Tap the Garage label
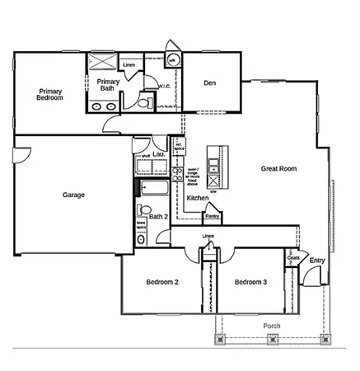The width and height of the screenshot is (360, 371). (74, 195)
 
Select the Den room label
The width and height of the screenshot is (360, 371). (210, 82)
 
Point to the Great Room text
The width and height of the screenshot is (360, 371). (278, 168)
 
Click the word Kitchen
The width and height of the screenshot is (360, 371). (197, 199)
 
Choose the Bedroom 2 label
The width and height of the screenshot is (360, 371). (162, 282)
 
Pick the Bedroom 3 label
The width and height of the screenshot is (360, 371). (250, 282)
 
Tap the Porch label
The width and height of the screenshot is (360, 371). (271, 325)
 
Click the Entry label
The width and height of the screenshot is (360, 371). (316, 261)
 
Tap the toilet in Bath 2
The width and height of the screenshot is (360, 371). (141, 238)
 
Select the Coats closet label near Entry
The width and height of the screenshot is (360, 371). (292, 258)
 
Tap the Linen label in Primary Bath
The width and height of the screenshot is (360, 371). (129, 63)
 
